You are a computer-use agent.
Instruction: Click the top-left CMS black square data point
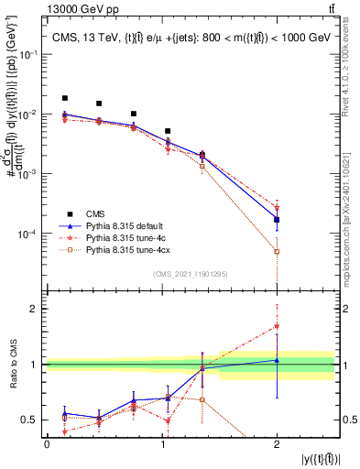[x=64, y=98]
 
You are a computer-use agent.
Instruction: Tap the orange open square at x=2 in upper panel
[x=277, y=251]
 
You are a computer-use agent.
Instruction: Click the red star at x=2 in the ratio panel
[x=277, y=326]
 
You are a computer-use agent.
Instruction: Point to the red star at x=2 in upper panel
[x=277, y=208]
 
